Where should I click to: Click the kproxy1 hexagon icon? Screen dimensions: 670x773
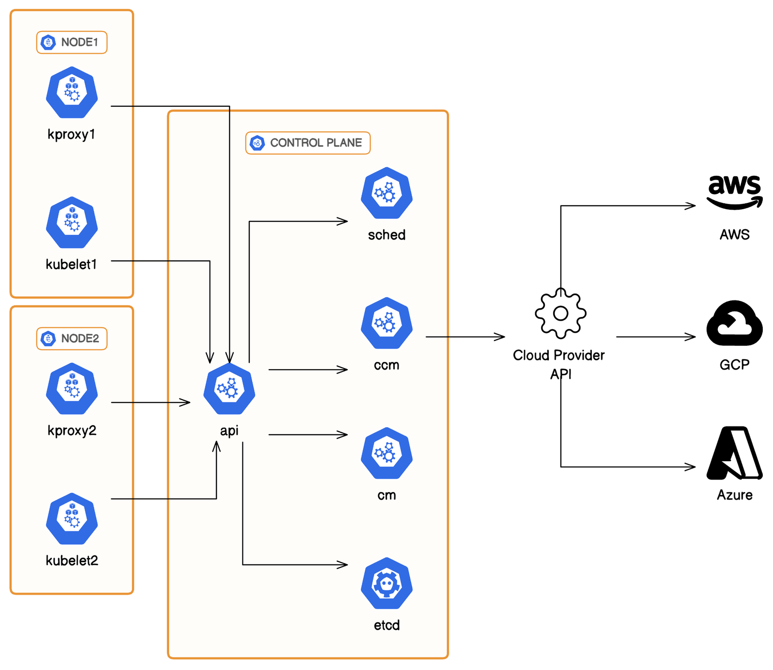(72, 92)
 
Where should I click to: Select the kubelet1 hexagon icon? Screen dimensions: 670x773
(72, 222)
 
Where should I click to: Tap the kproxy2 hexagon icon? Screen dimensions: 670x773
(72, 388)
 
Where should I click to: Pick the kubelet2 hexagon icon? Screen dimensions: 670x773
(72, 518)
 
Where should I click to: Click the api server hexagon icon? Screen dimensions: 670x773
(229, 388)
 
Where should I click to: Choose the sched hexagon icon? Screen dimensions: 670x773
(386, 193)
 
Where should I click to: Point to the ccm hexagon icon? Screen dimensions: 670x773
(386, 323)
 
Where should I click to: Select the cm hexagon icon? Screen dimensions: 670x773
(386, 453)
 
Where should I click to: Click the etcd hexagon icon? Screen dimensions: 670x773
(386, 583)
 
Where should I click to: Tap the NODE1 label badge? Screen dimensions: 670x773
(72, 43)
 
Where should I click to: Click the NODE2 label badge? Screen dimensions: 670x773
(72, 338)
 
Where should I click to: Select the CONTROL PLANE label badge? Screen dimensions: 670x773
(308, 143)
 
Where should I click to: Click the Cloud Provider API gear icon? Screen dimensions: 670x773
(560, 313)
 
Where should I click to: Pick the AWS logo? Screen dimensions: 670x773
(734, 192)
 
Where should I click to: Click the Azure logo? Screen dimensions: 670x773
(734, 453)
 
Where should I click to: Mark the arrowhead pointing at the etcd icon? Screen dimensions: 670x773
(344, 564)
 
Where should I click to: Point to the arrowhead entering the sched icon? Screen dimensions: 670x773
(344, 221)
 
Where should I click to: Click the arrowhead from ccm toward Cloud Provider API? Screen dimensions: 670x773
(501, 337)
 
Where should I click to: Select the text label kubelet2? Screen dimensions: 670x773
(72, 560)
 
